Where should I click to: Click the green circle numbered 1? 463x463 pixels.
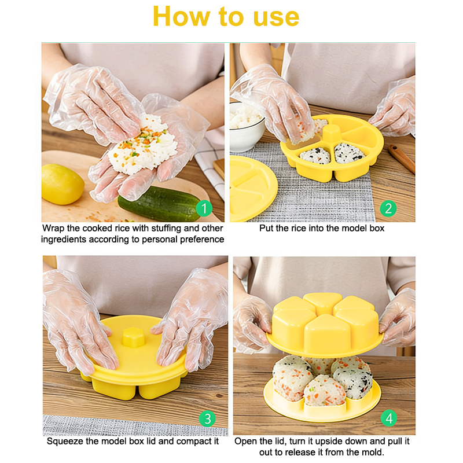pos(204,208)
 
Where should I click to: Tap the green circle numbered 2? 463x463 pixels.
pos(388,208)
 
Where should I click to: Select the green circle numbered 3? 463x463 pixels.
pos(207,418)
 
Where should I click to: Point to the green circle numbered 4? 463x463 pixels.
pos(389,418)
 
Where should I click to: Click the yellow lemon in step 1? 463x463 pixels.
pos(63,184)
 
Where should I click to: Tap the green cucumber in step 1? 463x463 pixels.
pos(160,204)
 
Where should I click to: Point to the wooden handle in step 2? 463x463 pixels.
pos(401,158)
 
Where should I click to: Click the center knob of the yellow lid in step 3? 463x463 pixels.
pos(134,337)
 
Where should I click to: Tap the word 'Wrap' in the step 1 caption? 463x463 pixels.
pos(53,228)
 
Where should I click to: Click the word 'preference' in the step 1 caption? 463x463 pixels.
pos(202,240)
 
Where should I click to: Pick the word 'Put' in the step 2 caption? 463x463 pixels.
pos(266,228)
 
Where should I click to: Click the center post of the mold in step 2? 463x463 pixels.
pos(332,134)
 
